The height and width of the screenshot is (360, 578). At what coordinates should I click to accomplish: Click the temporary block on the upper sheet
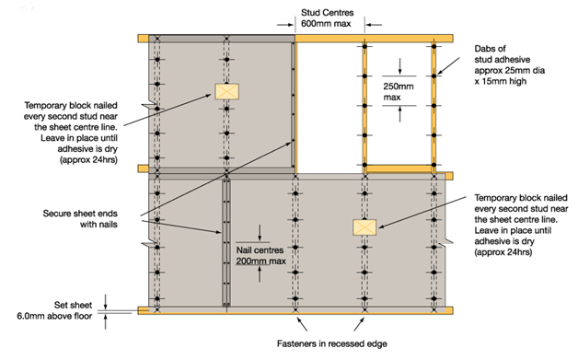pyautogui.click(x=226, y=91)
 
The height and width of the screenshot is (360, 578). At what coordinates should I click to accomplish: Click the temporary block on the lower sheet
pyautogui.click(x=364, y=227)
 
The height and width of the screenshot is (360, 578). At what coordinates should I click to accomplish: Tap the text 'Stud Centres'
pyautogui.click(x=327, y=13)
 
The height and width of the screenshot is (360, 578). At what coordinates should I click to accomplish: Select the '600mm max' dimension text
pyautogui.click(x=326, y=24)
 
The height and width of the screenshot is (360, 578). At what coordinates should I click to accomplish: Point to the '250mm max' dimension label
pyautogui.click(x=399, y=92)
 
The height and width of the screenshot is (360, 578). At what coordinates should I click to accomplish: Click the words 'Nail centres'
pyautogui.click(x=260, y=250)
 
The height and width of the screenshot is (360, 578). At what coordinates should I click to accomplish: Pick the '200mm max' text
pyautogui.click(x=261, y=261)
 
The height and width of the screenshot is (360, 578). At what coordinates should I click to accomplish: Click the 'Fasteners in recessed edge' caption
pyautogui.click(x=331, y=343)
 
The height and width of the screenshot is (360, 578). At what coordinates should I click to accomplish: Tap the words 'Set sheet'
pyautogui.click(x=73, y=305)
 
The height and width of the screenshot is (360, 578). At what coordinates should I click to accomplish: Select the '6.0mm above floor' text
pyautogui.click(x=54, y=316)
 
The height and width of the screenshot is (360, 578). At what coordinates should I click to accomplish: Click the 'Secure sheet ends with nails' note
pyautogui.click(x=80, y=219)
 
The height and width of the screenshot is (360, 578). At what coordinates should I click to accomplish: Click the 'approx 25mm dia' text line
pyautogui.click(x=510, y=71)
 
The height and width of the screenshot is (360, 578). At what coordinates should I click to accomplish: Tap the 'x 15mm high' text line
pyautogui.click(x=500, y=81)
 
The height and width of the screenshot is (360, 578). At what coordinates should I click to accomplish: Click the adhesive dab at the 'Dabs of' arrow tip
pyautogui.click(x=433, y=76)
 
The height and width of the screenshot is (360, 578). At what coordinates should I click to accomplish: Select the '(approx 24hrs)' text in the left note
pyautogui.click(x=88, y=160)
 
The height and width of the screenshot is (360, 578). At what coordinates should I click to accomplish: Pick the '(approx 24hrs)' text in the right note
pyautogui.click(x=503, y=252)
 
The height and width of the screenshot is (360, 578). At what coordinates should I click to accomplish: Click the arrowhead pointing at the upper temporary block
pyautogui.click(x=208, y=96)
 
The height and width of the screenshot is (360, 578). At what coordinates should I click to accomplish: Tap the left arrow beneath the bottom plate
pyautogui.click(x=302, y=325)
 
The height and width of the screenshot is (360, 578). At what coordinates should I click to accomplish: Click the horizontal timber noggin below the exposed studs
pyautogui.click(x=399, y=168)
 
